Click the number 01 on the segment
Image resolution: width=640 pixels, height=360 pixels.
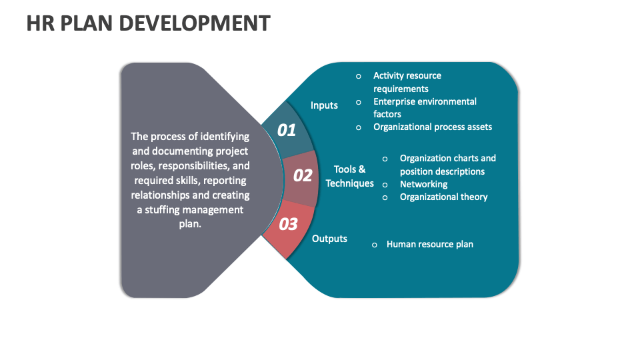click(286, 130)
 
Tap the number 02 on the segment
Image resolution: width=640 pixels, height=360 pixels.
click(303, 175)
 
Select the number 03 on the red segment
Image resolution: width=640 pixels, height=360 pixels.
click(288, 224)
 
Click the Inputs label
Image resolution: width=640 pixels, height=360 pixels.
click(324, 105)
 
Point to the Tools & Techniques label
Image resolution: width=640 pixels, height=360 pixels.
click(349, 177)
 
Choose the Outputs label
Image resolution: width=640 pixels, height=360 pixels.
click(329, 239)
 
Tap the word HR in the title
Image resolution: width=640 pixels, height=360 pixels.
click(39, 23)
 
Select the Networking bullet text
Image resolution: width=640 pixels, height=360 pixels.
click(423, 184)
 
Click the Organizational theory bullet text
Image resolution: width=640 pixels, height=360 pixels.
click(443, 197)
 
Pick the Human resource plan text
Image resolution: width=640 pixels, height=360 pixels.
click(430, 244)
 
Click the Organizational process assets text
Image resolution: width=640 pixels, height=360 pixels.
click(433, 127)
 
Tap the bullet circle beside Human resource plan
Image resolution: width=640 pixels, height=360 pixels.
click(375, 245)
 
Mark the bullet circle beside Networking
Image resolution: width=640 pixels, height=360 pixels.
click(385, 185)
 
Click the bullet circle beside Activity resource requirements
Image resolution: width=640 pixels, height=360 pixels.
click(359, 76)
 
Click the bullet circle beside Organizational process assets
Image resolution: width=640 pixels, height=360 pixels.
click(359, 127)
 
